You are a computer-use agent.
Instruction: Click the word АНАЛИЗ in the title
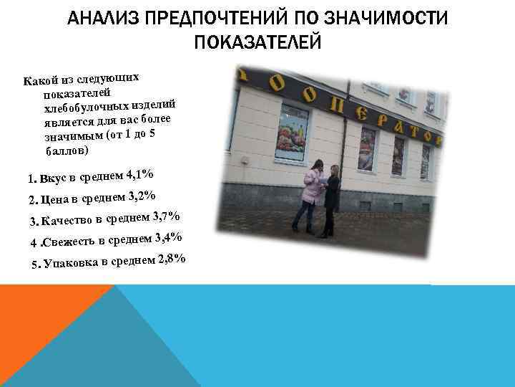105,19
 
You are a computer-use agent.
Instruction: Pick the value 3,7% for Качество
165,216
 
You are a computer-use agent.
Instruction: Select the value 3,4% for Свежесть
168,238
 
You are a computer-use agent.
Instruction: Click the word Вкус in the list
52,179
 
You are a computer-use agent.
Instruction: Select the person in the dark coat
331,199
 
